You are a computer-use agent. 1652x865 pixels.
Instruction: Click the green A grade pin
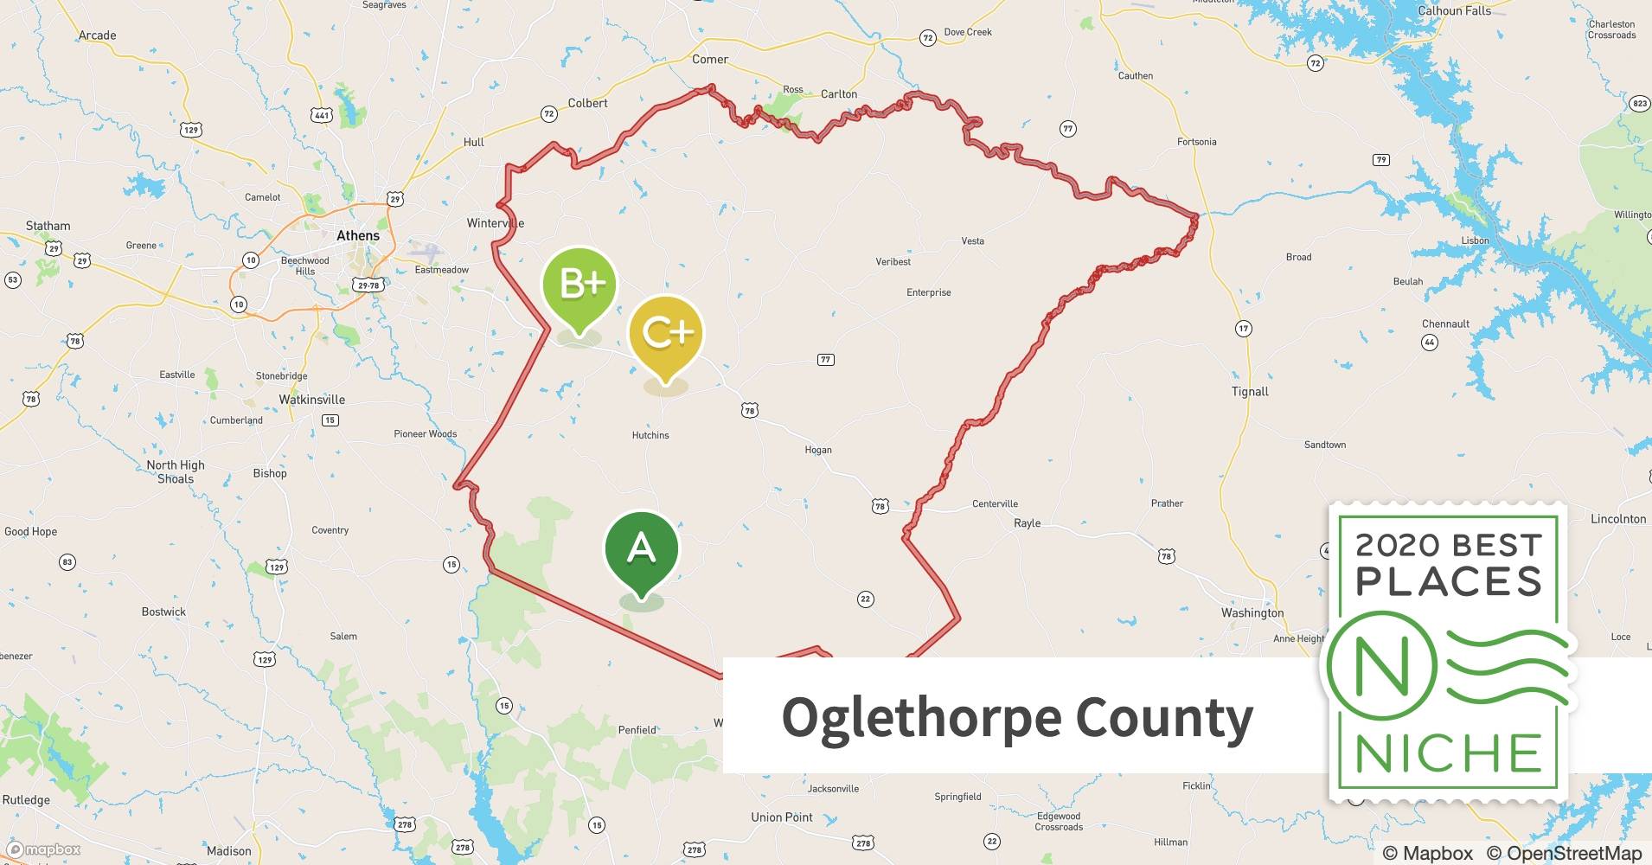(x=641, y=549)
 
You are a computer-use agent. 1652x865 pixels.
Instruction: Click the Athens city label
(x=357, y=235)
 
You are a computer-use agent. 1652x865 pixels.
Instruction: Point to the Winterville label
(x=495, y=223)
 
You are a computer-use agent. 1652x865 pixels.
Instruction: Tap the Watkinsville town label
(x=311, y=400)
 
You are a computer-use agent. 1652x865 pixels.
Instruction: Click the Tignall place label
(x=1250, y=392)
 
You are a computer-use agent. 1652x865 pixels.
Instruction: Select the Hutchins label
(x=650, y=435)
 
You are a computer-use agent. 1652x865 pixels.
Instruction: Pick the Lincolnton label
(x=1617, y=519)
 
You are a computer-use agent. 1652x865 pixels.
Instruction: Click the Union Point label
(x=782, y=817)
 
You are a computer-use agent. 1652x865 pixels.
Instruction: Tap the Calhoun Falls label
(x=1454, y=10)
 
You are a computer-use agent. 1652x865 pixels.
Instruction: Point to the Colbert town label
(x=587, y=103)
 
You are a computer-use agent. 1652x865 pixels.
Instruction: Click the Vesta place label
(x=972, y=241)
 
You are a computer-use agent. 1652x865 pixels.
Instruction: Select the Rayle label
(x=1027, y=523)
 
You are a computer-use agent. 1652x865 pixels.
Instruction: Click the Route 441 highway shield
(x=322, y=115)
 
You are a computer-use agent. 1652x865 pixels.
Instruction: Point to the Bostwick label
(x=163, y=612)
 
